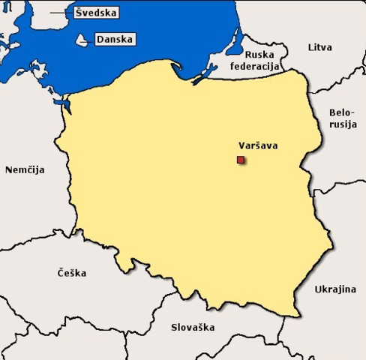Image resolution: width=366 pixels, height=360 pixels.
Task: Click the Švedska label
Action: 98,13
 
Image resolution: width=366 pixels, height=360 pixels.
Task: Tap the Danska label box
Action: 115,39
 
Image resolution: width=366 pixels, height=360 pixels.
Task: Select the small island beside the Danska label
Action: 81,40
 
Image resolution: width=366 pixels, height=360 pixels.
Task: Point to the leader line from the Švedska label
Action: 60,13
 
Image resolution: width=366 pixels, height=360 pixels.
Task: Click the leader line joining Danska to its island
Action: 91,40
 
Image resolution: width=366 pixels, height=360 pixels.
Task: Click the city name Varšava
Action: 257,145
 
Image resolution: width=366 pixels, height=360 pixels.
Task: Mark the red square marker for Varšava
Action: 240,160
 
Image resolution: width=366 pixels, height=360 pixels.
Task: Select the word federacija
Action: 254,66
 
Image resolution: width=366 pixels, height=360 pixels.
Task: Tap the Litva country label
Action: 319,47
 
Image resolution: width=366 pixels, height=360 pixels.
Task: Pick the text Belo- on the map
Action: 342,113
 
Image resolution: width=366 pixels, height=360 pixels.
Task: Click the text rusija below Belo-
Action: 342,124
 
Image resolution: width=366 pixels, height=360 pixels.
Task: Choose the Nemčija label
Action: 25,169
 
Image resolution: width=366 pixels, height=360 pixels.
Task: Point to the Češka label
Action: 71,273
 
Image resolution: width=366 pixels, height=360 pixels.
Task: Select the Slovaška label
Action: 193,327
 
